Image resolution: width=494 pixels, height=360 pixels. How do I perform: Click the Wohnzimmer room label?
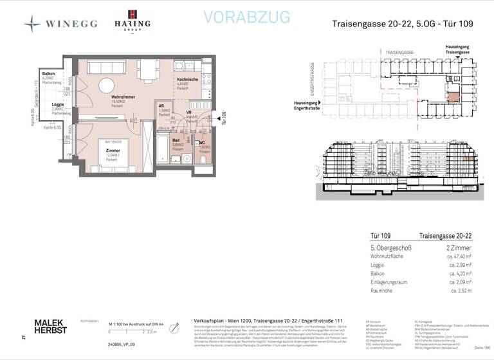click(x=117, y=96)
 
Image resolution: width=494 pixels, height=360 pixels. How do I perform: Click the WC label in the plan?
click(x=203, y=142)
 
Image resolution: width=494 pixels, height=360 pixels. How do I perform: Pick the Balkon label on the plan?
click(x=48, y=74)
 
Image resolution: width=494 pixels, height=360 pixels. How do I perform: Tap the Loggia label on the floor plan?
click(x=57, y=104)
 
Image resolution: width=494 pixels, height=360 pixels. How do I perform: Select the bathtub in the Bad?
click(x=163, y=150)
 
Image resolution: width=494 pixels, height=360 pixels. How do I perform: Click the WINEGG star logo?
click(x=32, y=23)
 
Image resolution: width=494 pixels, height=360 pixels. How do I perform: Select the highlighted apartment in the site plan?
click(x=454, y=97)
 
